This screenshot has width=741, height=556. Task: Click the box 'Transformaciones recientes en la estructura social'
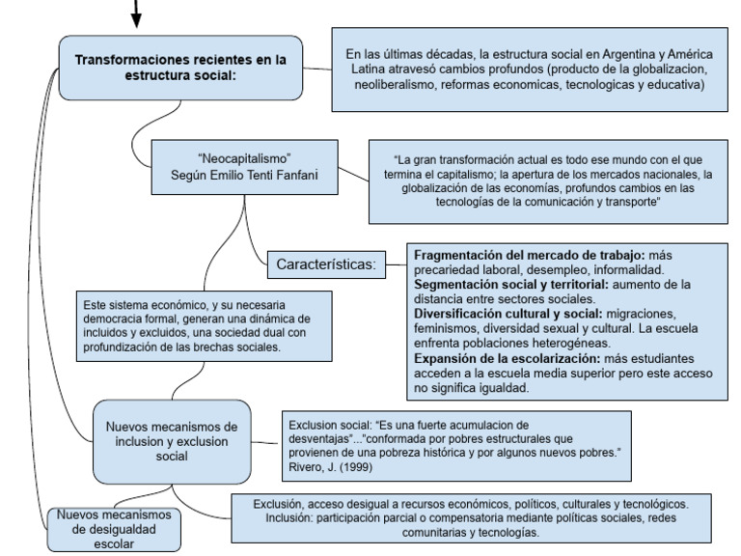(x=180, y=68)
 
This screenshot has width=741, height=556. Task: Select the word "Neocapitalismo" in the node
(x=243, y=157)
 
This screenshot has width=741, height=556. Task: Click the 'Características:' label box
(x=325, y=264)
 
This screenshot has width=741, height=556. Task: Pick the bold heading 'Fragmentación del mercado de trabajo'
(x=529, y=254)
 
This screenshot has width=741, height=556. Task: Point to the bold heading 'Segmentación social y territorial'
(x=510, y=285)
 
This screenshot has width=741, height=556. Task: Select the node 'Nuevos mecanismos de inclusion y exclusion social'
(x=171, y=440)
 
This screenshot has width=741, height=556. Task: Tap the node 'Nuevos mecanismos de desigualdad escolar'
(x=113, y=529)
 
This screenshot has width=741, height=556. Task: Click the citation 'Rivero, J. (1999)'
(x=329, y=467)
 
